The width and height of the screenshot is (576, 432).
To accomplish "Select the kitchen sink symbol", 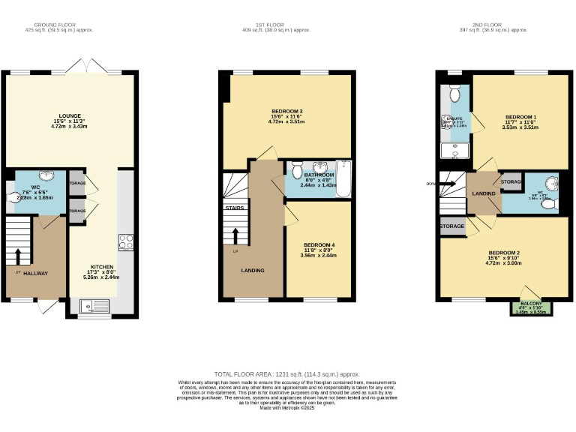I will pyautogui.click(x=97, y=304).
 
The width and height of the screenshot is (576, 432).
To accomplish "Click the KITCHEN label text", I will pyautogui.click(x=103, y=266).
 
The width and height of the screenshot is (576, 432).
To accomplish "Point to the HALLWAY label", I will pyautogui.click(x=35, y=273).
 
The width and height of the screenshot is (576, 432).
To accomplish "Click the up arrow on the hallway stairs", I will pyautogui.click(x=18, y=255).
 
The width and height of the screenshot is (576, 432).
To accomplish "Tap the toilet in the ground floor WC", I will pyautogui.click(x=13, y=196).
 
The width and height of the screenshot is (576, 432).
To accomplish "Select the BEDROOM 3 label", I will pyautogui.click(x=287, y=111).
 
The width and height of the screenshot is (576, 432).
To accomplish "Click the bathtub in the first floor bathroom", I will pyautogui.click(x=344, y=178).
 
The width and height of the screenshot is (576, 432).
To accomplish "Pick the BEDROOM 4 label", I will pyautogui.click(x=319, y=244).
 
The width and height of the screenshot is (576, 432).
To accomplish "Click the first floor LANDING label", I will pyautogui.click(x=253, y=270).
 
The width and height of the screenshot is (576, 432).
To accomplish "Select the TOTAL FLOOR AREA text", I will pyautogui.click(x=287, y=373).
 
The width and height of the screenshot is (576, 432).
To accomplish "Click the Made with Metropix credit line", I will pyautogui.click(x=287, y=408).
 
